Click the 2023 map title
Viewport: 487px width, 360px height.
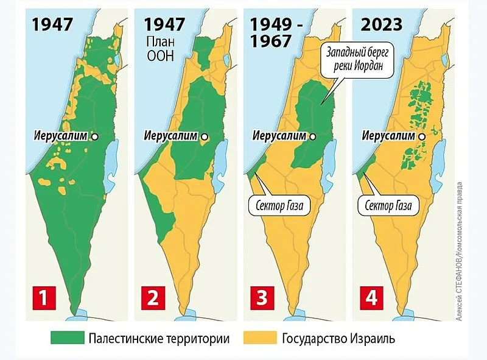[x=381, y=25]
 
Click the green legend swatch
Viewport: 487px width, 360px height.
[x=67, y=337]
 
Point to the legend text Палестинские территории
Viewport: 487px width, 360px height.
[x=158, y=337]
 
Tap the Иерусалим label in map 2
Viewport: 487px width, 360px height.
[x=171, y=136]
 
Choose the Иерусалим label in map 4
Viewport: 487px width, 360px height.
[x=389, y=136]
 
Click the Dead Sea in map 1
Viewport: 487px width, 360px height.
[x=110, y=161]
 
